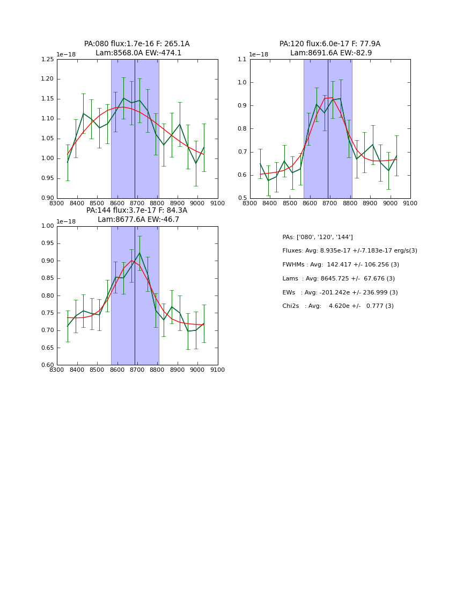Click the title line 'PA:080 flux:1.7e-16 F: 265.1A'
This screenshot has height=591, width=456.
click(137, 44)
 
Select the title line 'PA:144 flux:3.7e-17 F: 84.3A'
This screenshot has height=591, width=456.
click(137, 211)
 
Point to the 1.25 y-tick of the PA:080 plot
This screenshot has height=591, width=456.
click(48, 60)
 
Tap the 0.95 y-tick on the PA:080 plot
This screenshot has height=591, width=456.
click(48, 178)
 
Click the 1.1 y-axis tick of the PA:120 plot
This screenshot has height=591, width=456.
click(242, 60)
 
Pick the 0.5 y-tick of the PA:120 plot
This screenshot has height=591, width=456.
click(242, 198)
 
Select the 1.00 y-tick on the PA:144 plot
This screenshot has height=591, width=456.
click(48, 226)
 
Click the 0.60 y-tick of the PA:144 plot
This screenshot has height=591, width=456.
click(48, 365)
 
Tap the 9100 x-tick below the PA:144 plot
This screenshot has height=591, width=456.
click(217, 370)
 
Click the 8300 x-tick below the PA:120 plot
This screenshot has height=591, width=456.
click(250, 203)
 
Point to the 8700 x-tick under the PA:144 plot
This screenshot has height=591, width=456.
click(137, 370)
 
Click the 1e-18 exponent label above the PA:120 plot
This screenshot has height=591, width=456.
click(259, 55)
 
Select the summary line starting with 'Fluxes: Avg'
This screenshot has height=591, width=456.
click(349, 251)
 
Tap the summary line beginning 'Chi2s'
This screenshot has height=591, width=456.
click(338, 306)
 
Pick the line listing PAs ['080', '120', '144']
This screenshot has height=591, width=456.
click(318, 237)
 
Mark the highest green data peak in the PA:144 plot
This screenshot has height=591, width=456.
click(139, 253)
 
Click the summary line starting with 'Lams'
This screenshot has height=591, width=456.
click(339, 279)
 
